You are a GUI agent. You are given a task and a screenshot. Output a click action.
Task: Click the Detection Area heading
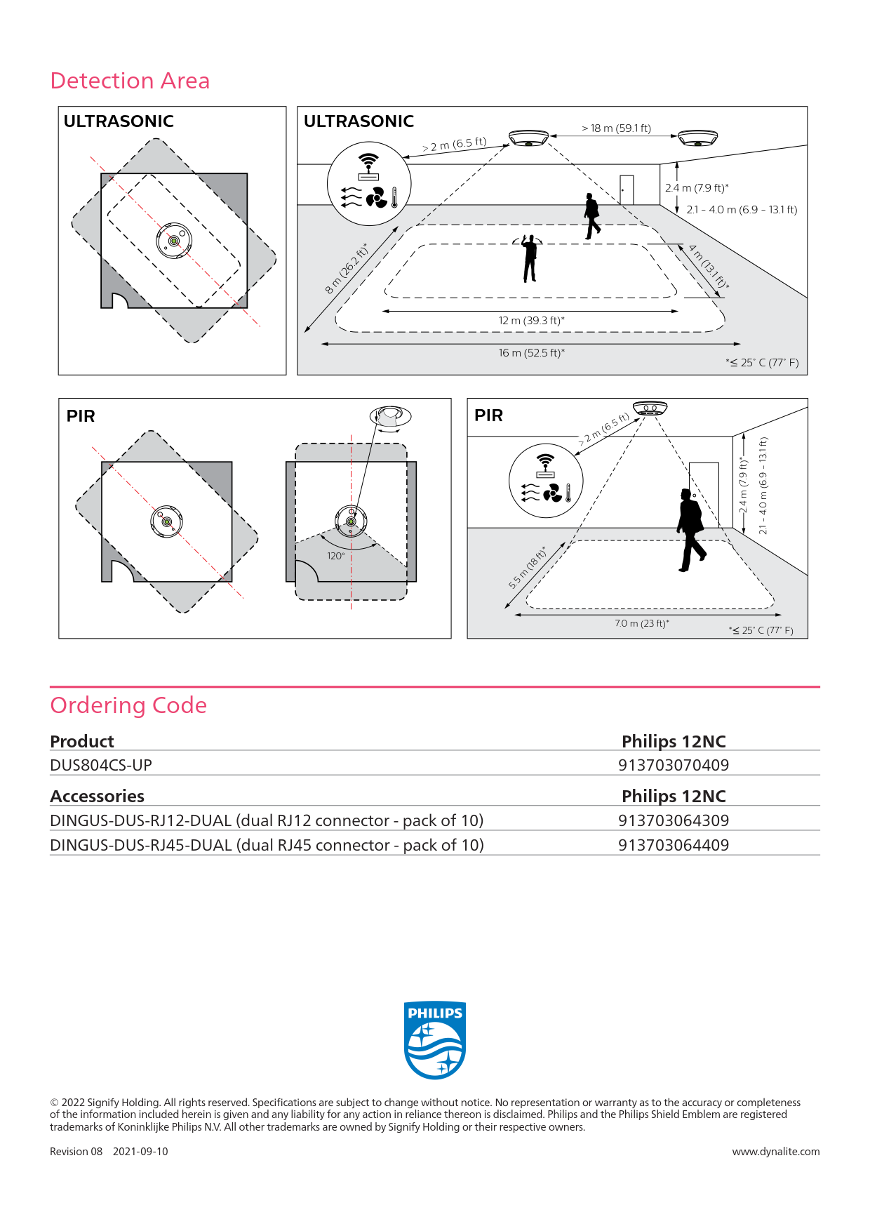click(130, 81)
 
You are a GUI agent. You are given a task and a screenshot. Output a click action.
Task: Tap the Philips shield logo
click(435, 1040)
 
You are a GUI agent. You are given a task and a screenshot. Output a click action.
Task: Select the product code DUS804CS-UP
click(101, 765)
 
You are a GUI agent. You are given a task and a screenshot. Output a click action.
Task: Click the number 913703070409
click(674, 765)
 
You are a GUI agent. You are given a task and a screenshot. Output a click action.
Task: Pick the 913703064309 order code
click(674, 820)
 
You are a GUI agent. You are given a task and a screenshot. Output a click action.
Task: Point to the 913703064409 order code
click(674, 845)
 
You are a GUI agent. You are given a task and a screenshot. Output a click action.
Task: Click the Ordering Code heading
click(128, 705)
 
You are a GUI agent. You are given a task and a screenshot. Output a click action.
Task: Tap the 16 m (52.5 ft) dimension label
click(531, 352)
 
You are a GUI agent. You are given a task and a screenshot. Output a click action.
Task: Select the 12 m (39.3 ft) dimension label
click(531, 320)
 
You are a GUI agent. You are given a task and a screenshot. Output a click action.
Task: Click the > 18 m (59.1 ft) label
click(616, 128)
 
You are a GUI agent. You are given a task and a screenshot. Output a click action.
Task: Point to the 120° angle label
click(336, 556)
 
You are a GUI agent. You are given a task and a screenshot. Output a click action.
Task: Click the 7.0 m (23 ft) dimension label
click(642, 623)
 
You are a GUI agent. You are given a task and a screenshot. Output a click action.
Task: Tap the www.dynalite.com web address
click(776, 1152)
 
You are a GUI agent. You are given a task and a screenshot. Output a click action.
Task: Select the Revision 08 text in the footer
click(76, 1152)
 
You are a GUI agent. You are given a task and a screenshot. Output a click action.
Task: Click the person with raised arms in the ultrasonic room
click(530, 258)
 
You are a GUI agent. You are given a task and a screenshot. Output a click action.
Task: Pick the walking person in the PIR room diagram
click(691, 530)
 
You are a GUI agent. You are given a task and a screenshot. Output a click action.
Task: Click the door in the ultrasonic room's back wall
click(627, 189)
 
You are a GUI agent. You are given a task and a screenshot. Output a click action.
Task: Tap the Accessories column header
click(97, 796)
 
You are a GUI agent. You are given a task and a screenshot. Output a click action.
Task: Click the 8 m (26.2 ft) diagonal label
click(346, 268)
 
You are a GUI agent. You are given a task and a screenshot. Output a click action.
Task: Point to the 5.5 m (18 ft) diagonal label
click(527, 566)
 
